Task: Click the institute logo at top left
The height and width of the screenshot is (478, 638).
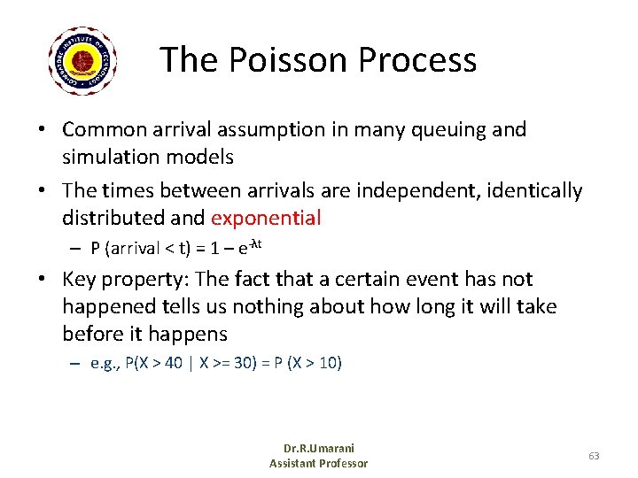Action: [85, 60]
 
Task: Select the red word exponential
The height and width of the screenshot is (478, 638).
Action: [266, 217]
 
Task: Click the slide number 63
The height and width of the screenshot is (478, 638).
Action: [593, 456]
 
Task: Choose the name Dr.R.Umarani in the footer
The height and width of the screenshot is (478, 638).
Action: [318, 449]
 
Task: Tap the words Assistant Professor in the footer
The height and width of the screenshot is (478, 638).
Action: [318, 463]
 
